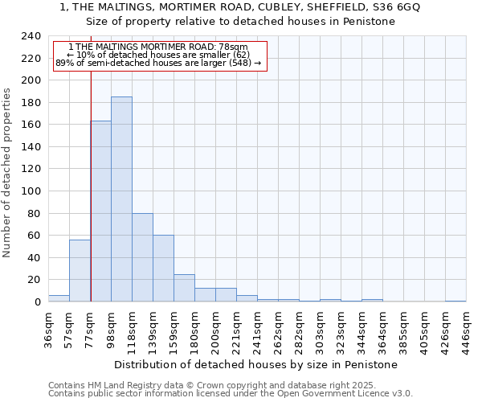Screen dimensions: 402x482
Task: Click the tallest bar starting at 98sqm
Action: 121,199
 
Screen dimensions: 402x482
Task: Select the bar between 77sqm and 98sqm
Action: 101,211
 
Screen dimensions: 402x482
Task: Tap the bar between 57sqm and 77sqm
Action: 80,270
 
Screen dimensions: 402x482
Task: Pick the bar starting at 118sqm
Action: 142,257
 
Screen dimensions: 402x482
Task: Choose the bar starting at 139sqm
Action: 163,269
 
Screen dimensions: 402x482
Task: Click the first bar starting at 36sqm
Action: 59,298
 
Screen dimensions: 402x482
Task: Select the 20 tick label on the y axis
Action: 34,280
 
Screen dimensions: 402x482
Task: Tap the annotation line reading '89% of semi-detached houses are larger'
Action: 158,63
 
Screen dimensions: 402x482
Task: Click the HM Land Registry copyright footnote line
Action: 212,385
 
